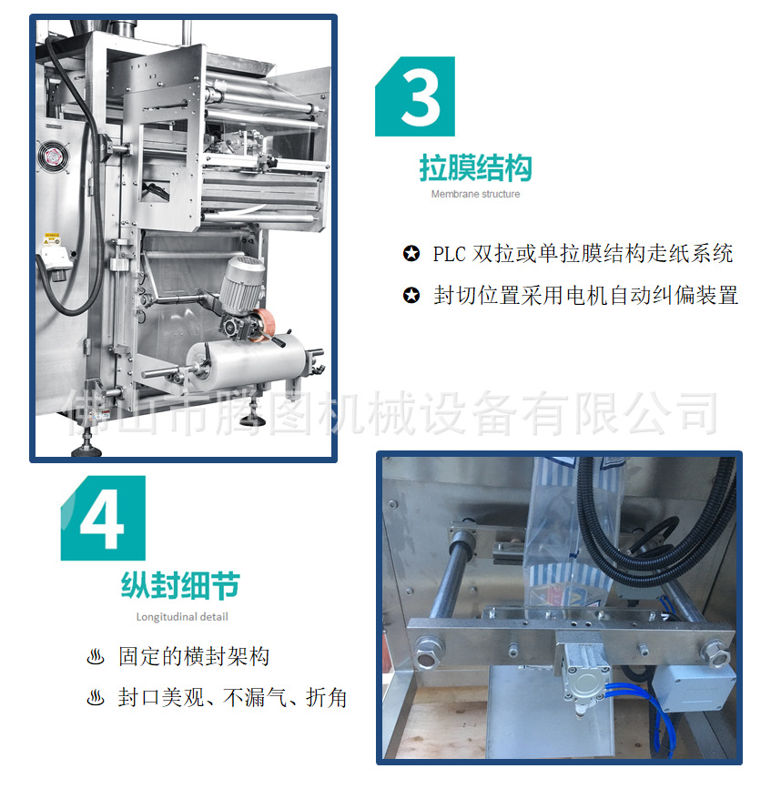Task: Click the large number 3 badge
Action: tap(415, 96)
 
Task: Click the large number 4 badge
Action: tap(103, 518)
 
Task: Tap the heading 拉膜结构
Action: tap(475, 167)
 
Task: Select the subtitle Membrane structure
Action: tap(475, 194)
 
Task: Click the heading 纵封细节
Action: tap(180, 586)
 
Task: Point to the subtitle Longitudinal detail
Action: tap(182, 617)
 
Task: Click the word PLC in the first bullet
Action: tap(449, 254)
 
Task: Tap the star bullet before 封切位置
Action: tap(411, 296)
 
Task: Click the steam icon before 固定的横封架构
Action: tap(96, 657)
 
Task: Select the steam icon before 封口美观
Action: tap(96, 698)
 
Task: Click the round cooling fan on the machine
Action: tap(53, 157)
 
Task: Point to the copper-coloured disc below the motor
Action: tap(264, 324)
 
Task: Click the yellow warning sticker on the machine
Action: tap(51, 239)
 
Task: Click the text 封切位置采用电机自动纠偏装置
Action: tap(586, 296)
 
